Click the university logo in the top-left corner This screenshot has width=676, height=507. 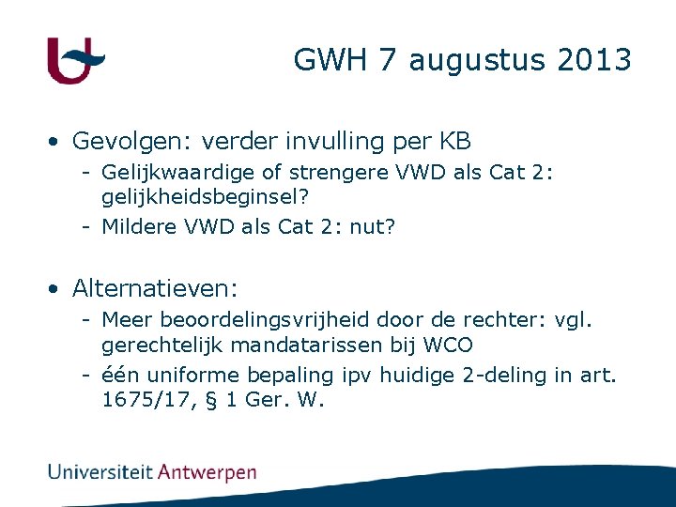click(75, 61)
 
